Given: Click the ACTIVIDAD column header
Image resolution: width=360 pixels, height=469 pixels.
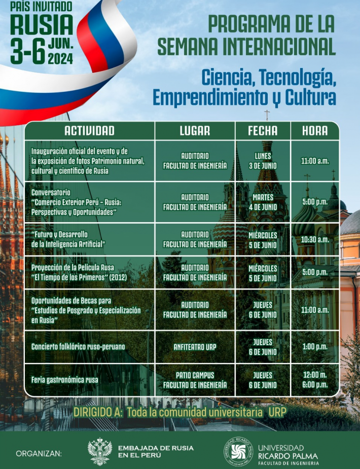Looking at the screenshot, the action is tap(89, 131).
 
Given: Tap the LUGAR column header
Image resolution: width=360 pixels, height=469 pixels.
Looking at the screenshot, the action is tap(195, 131).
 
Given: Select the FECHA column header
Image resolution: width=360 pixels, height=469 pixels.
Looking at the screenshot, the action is tap(263, 131).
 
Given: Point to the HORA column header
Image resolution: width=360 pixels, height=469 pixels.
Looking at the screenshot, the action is tap(315, 131).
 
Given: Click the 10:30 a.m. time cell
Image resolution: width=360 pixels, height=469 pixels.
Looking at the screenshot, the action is tap(315, 239).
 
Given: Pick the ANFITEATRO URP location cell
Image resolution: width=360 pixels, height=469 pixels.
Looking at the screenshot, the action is tap(195, 347).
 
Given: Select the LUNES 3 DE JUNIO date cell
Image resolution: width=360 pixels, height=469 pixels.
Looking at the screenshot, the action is tap(263, 161).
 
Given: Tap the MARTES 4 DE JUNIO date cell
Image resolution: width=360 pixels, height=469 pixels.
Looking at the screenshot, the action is tap(263, 202).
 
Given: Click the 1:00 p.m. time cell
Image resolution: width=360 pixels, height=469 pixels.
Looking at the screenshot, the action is tap(315, 347).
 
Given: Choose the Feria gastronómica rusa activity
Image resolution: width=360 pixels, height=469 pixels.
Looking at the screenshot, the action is tap(64, 380).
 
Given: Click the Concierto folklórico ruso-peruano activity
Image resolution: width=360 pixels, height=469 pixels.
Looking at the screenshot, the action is tap(78, 347).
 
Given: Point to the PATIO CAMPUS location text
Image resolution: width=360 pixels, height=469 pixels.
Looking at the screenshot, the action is tap(195, 375).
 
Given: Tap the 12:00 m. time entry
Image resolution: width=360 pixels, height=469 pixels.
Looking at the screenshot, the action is tap(315, 375).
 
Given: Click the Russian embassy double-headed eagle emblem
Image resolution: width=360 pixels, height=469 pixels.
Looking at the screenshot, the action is tap(99, 451).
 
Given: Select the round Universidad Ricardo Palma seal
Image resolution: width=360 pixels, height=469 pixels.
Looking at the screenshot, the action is tap(238, 451).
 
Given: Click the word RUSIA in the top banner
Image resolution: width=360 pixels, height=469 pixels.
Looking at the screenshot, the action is tap(42, 25).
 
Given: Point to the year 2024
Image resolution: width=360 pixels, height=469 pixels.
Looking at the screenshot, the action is tap(60, 59).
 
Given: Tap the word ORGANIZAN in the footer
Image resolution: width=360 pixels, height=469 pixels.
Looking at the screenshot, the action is tap(39, 454).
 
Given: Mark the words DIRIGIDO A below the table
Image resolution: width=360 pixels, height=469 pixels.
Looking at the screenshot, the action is tap(98, 412).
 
